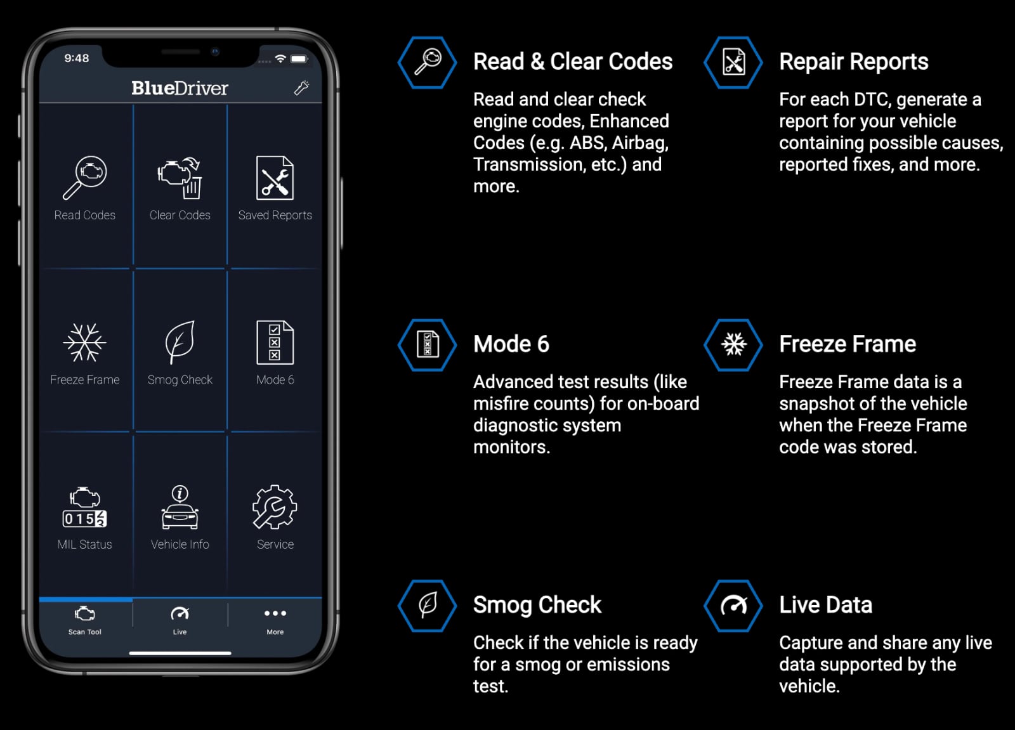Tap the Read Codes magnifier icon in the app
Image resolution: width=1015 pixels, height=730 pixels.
tap(85, 178)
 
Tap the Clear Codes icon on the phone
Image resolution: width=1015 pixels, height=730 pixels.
tap(180, 178)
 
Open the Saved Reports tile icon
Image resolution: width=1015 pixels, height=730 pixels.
tap(275, 178)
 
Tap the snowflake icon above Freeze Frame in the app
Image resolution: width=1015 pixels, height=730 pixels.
tap(84, 342)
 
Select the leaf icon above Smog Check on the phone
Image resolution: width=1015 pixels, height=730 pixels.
tap(180, 342)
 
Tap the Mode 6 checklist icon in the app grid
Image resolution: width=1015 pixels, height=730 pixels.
tap(275, 342)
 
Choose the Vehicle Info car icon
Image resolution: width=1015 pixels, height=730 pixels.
tap(180, 507)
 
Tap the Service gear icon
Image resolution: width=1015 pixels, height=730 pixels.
tap(275, 507)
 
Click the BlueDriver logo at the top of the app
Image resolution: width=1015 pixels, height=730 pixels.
tap(180, 88)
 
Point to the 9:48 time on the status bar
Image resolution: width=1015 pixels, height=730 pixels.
tap(77, 58)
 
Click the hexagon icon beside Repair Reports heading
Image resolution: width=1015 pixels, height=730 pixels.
tap(733, 62)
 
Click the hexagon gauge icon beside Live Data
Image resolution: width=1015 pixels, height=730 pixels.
tap(733, 606)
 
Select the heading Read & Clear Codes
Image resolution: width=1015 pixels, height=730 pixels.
tap(572, 62)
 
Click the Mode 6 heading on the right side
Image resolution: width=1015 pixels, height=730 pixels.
tap(511, 344)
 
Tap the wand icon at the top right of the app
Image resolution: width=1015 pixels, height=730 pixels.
tap(302, 88)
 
